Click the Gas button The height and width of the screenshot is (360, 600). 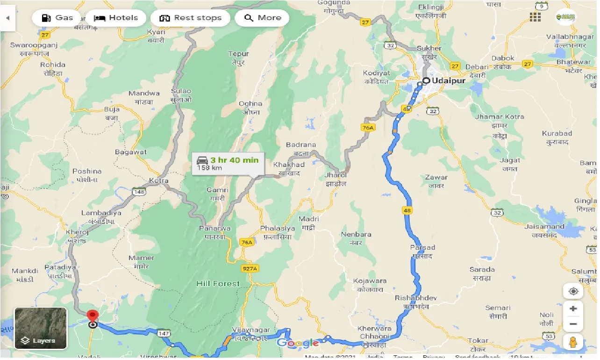(57, 18)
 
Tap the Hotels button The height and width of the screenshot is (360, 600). (116, 18)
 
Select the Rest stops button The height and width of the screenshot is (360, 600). (190, 18)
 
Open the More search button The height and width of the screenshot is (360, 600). (262, 18)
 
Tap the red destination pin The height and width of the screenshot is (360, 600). (93, 315)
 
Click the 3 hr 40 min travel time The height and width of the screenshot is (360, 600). (234, 160)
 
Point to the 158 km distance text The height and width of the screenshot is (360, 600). (209, 168)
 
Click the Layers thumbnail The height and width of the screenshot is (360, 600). (41, 328)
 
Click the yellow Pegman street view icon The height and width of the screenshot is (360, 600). (573, 342)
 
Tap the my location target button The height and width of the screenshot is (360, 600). (573, 291)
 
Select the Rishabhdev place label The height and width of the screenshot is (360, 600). (415, 298)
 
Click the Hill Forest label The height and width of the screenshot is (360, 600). (218, 283)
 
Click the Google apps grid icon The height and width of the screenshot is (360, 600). (535, 17)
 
